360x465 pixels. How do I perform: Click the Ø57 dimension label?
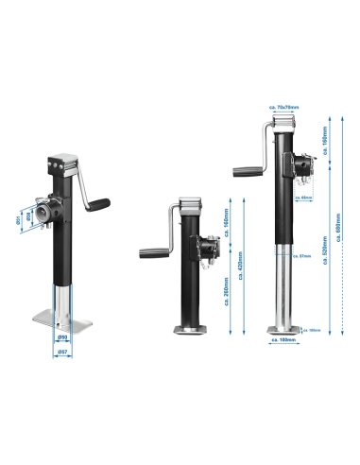pyautogui.click(x=61, y=353)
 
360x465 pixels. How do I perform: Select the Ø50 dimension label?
pyautogui.click(x=61, y=337)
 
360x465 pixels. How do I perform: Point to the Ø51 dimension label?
pyautogui.click(x=18, y=219)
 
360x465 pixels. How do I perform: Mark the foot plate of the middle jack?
pyautogui.click(x=186, y=331)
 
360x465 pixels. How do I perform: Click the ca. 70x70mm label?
pyautogui.click(x=283, y=108)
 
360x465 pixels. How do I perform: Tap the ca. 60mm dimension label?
pyautogui.click(x=304, y=198)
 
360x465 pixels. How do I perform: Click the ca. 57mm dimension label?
pyautogui.click(x=302, y=255)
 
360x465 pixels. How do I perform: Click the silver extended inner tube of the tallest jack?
pyautogui.click(x=282, y=293)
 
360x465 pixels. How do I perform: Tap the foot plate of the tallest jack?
pyautogui.click(x=283, y=332)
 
